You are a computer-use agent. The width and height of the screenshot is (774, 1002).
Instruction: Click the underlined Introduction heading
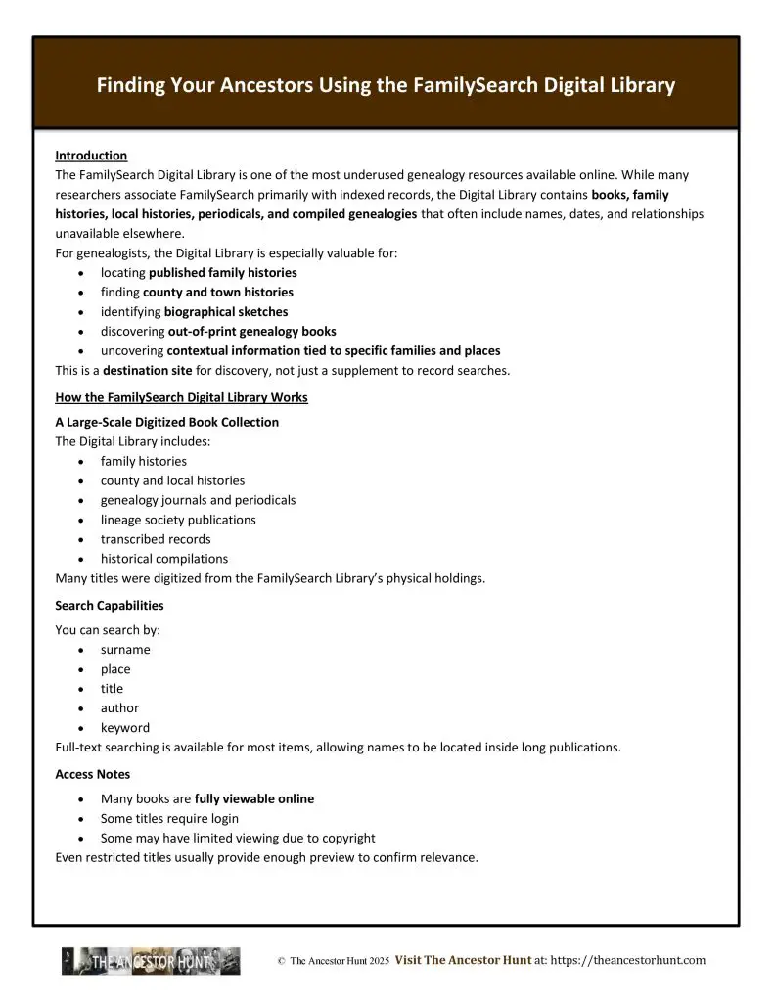(x=91, y=156)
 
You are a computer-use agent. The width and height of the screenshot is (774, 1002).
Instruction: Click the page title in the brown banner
(x=386, y=86)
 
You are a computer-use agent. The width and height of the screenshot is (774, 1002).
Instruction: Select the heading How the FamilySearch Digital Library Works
(x=181, y=396)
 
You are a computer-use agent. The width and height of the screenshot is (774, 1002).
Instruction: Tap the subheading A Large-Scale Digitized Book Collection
(x=166, y=422)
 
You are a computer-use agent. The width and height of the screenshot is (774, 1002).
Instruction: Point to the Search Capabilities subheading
(x=110, y=606)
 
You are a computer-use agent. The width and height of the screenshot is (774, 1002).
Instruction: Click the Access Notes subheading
(x=93, y=774)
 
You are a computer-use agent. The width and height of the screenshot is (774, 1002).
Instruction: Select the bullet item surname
(x=125, y=650)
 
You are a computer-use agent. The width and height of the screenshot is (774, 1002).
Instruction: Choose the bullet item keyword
(x=125, y=728)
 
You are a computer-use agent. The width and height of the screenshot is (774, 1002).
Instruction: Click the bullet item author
(x=119, y=708)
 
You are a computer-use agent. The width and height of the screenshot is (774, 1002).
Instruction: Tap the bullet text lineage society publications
(x=178, y=520)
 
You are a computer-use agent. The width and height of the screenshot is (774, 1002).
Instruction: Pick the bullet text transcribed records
(x=156, y=539)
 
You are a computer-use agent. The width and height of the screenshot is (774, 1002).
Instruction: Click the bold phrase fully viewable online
(x=254, y=799)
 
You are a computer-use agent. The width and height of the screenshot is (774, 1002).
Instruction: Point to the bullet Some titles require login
(x=169, y=819)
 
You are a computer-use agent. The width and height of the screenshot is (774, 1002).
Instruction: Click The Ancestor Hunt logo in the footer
(x=151, y=962)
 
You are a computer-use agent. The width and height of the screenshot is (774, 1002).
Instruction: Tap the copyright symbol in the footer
(x=281, y=962)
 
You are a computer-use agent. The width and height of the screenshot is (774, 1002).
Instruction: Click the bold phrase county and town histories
(x=218, y=293)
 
